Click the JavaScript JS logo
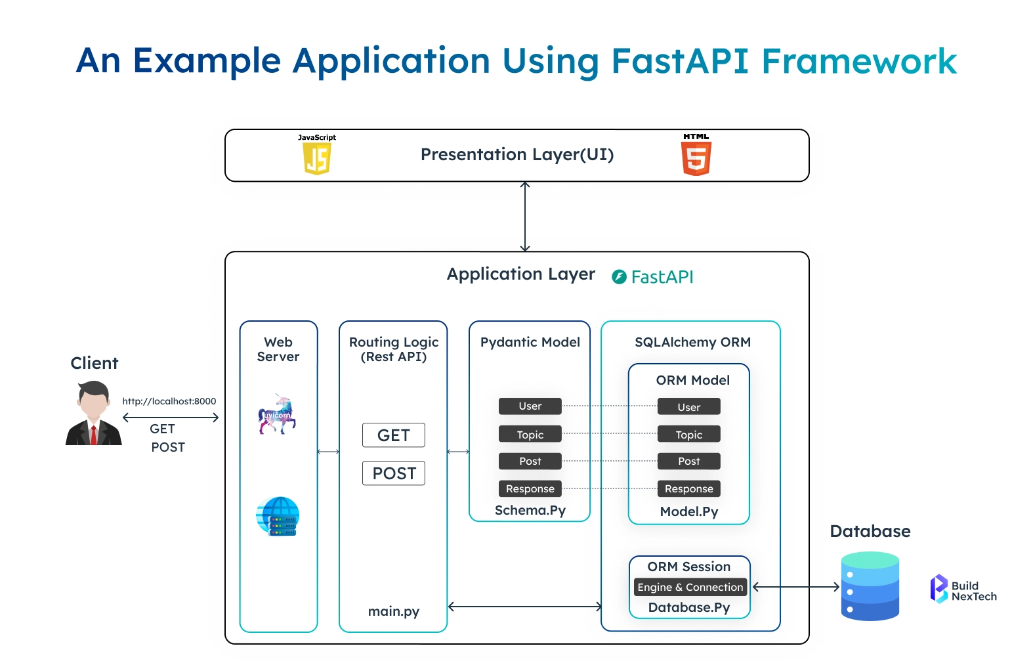click(x=317, y=158)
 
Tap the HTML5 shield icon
click(x=696, y=158)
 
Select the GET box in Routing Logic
click(x=394, y=435)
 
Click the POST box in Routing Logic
click(x=394, y=473)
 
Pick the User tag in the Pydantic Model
click(x=530, y=406)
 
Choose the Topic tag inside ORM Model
click(x=688, y=435)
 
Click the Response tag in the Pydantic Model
click(x=530, y=489)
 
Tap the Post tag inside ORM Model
click(x=688, y=462)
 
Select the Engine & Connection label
click(x=690, y=588)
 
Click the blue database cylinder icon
click(x=870, y=586)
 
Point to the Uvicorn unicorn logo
click(x=278, y=414)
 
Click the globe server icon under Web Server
click(x=278, y=516)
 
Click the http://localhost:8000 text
click(x=169, y=401)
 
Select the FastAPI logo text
click(x=653, y=277)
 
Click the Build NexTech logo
click(x=963, y=589)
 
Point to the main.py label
click(x=394, y=611)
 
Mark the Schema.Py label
click(x=530, y=510)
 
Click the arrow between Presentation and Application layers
click(x=525, y=217)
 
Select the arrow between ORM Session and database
click(x=795, y=587)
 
